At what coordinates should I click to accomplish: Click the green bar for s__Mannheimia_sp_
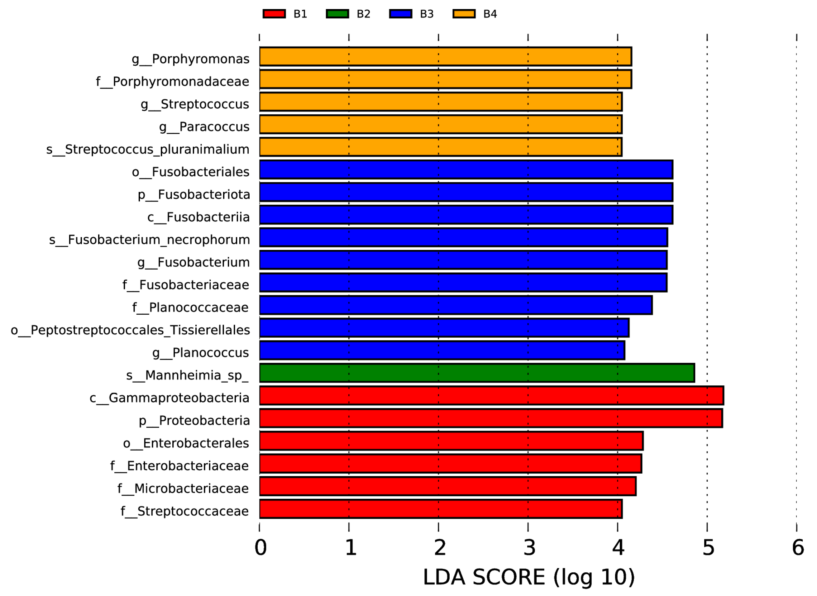coord(476,373)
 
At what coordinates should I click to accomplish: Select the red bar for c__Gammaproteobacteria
coord(491,396)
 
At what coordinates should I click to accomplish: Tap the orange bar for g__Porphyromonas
coord(445,57)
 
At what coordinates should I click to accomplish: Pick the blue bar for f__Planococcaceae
coord(456,305)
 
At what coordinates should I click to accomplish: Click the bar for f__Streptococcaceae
coord(440,509)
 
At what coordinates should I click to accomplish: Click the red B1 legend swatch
coord(274,14)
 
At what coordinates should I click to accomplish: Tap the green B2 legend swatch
coord(337,14)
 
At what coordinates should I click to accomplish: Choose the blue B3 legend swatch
coord(401,14)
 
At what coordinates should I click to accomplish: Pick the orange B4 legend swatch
coord(464,14)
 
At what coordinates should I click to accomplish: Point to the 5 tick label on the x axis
coord(708,548)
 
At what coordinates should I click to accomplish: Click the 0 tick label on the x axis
coord(260,548)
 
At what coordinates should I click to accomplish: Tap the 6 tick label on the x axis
coord(797,548)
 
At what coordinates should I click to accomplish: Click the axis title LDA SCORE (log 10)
coord(529,577)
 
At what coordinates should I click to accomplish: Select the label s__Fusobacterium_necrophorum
coord(149,240)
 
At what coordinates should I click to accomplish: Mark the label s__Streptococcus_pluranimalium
coord(148,149)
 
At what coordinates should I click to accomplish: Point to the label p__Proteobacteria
coord(194,421)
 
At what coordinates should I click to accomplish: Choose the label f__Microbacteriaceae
coord(183,489)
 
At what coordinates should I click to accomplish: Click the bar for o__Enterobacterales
coord(451,441)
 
